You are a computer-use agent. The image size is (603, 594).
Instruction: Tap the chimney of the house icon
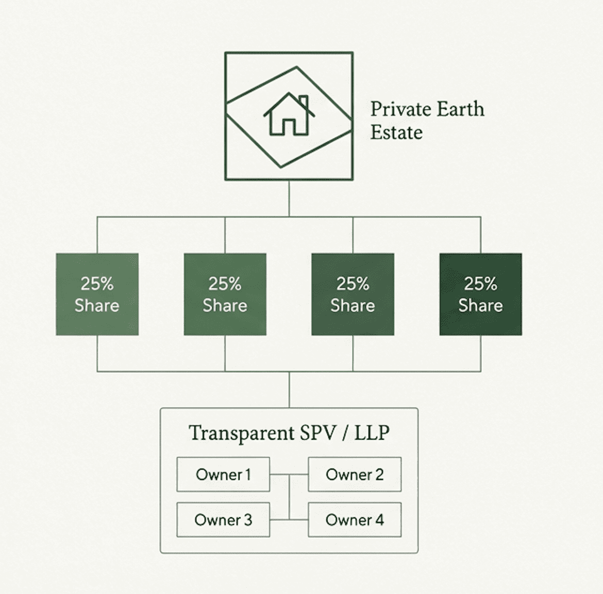click(303, 102)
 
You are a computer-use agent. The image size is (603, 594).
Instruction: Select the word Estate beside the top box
click(396, 133)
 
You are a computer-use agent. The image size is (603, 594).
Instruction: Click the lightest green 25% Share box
click(97, 294)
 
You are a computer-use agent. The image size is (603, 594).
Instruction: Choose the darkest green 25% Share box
click(480, 294)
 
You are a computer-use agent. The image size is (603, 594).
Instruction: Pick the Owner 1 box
click(223, 474)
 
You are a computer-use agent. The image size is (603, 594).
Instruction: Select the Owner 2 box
click(355, 474)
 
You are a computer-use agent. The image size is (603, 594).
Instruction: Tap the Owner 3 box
click(223, 520)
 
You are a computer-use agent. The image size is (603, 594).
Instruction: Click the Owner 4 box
click(355, 520)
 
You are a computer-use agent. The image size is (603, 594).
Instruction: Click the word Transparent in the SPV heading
click(241, 433)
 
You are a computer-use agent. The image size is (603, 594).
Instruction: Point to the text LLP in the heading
click(372, 433)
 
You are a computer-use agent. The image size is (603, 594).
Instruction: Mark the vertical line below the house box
click(289, 199)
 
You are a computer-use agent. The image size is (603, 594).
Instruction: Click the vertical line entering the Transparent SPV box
click(289, 390)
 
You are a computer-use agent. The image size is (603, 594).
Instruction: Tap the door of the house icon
click(288, 127)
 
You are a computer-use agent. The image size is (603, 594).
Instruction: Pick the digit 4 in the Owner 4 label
click(379, 520)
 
